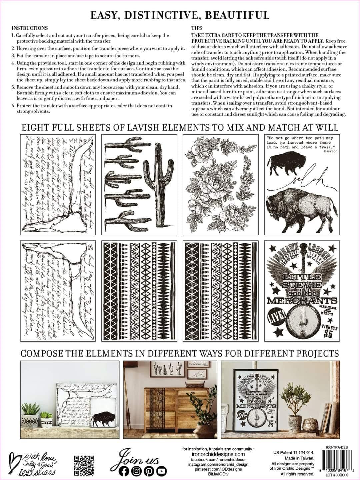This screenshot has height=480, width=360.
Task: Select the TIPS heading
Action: click(197, 28)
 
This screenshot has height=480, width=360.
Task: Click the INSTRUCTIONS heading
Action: click(30, 28)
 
